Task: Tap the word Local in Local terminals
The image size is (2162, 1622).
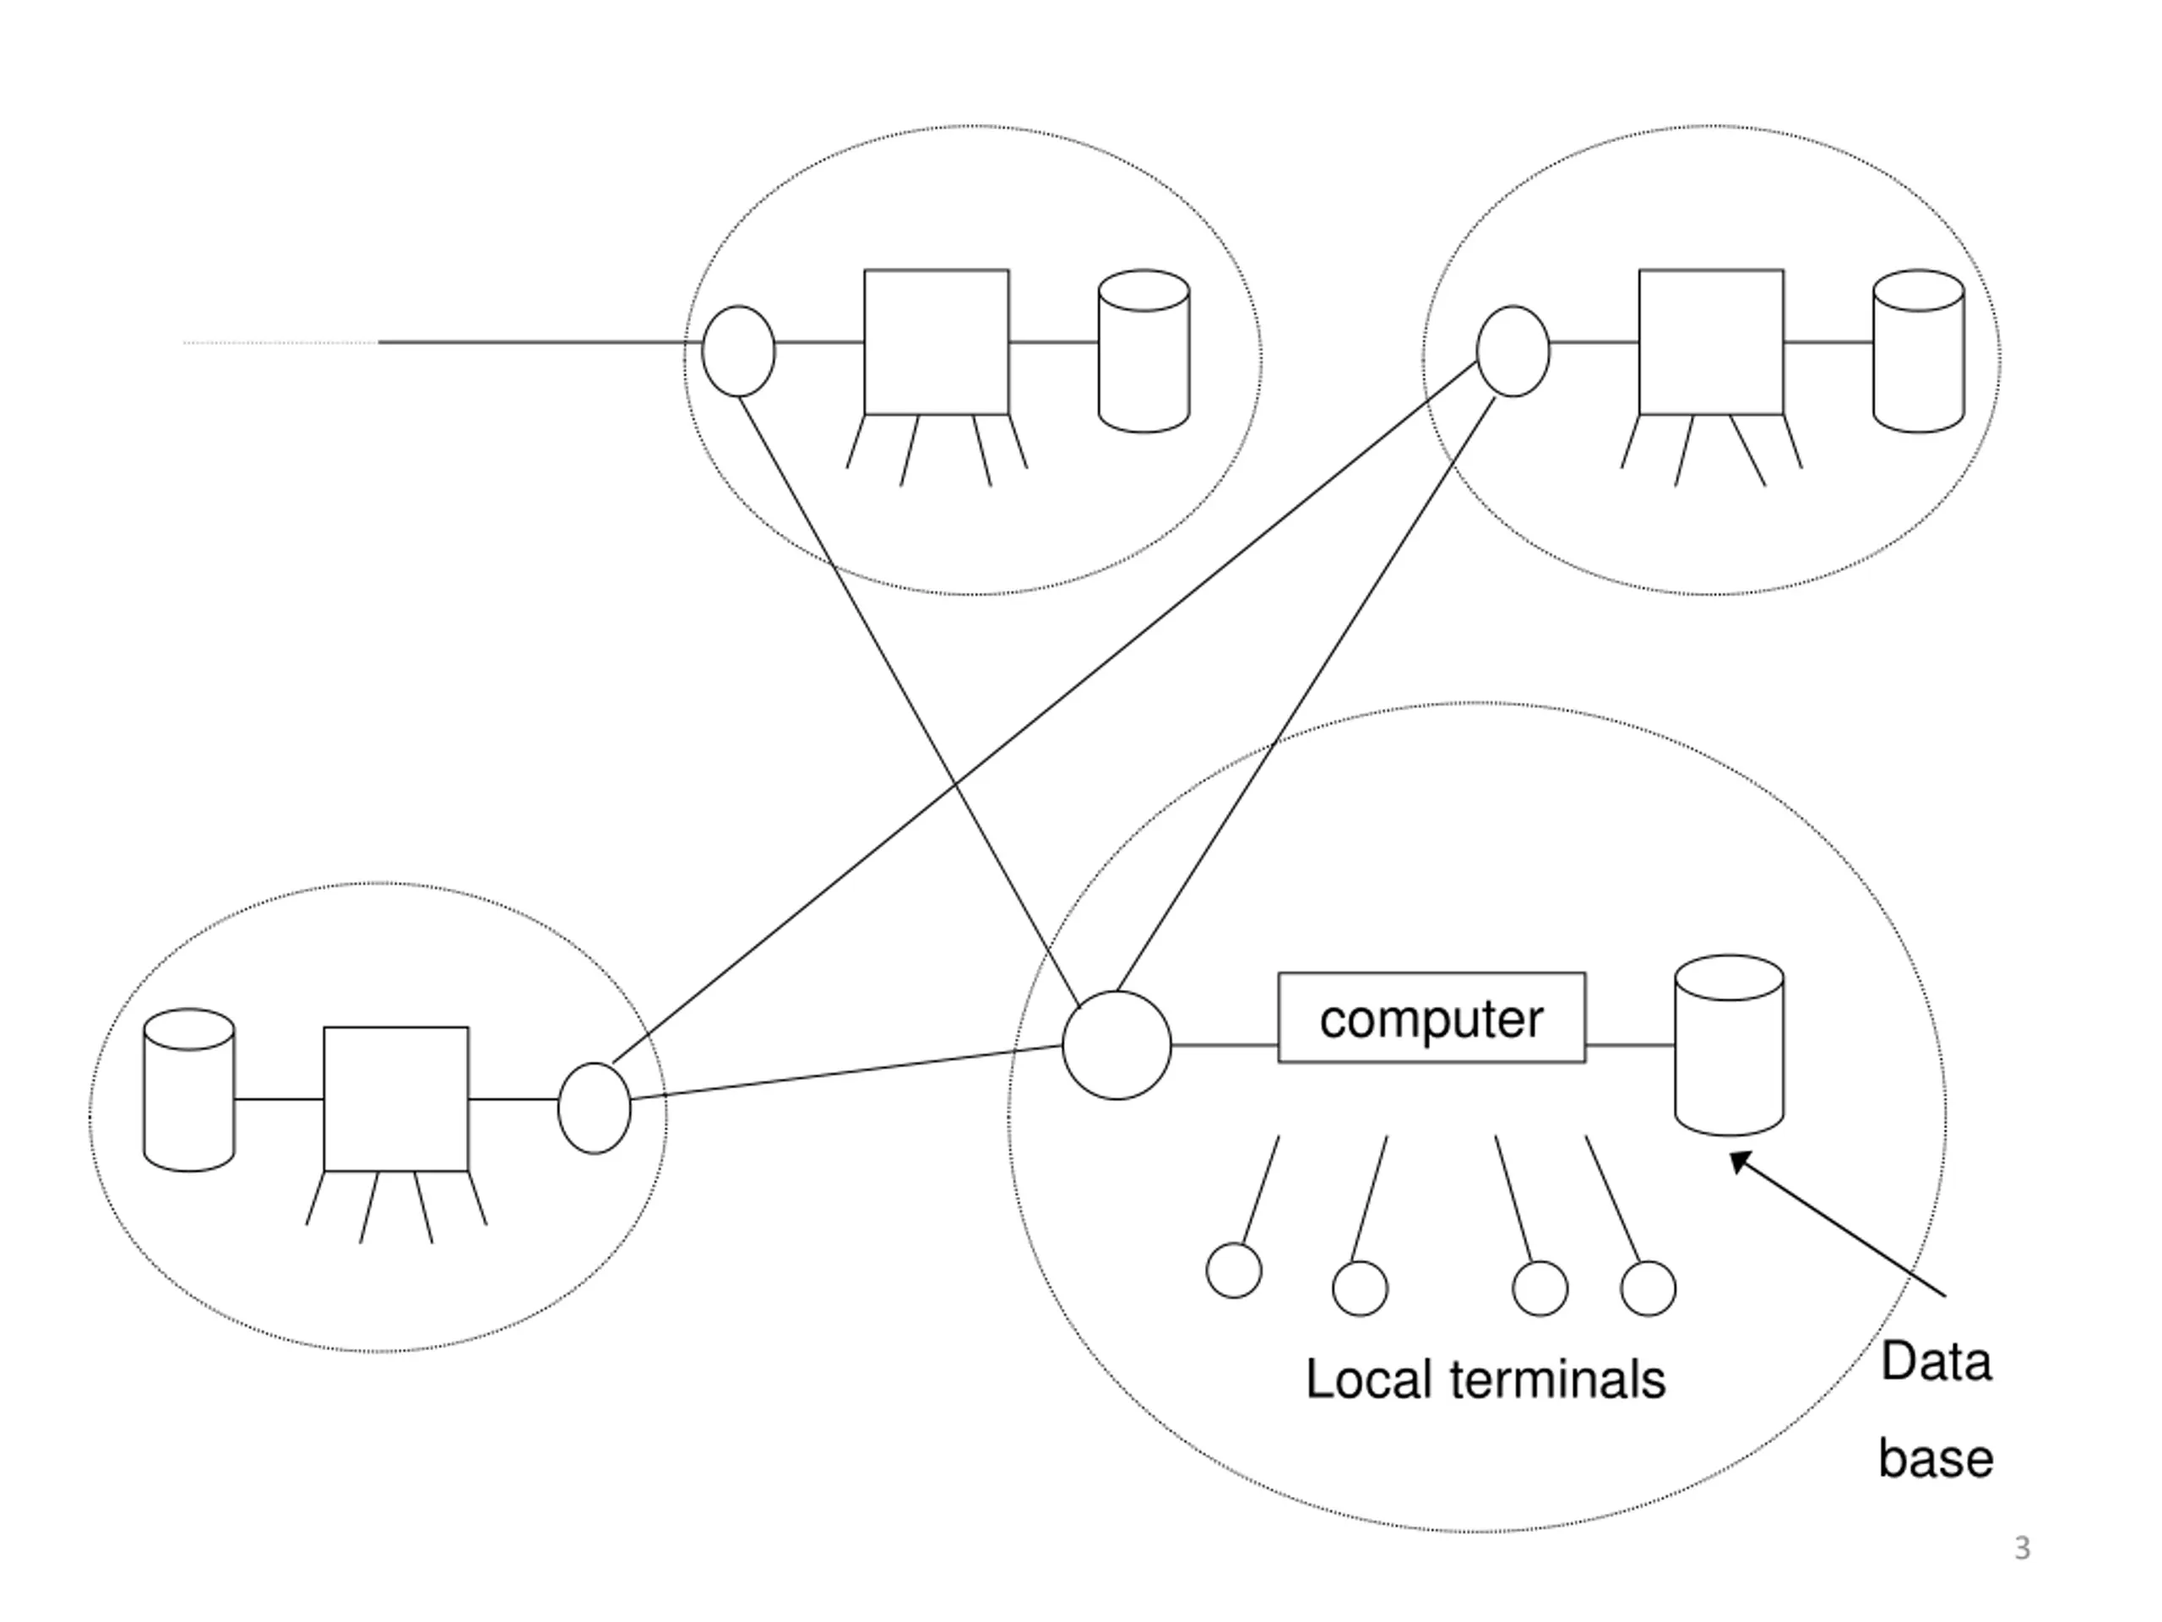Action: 1371,1380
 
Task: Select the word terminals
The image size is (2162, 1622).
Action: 1559,1380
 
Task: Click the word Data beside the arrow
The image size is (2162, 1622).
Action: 1937,1362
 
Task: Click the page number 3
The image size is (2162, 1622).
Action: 2023,1549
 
